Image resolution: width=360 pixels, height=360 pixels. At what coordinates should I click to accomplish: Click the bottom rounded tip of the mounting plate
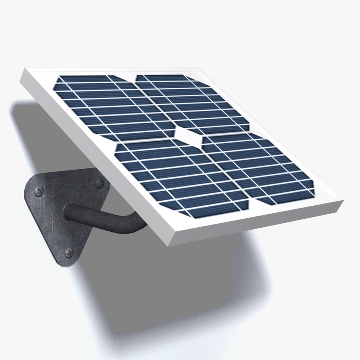63,265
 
